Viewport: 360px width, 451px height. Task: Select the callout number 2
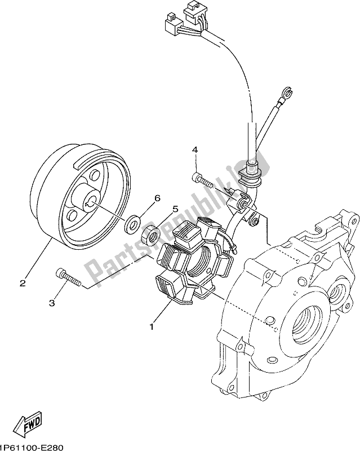tap(23, 284)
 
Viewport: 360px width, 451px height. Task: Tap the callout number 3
tap(51, 303)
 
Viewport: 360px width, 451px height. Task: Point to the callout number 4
tap(194, 149)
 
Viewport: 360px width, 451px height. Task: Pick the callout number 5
tap(175, 209)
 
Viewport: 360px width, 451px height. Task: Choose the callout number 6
tap(157, 198)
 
